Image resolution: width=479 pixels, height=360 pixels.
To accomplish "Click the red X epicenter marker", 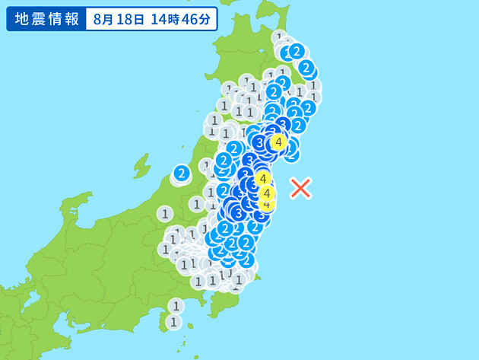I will [301, 187].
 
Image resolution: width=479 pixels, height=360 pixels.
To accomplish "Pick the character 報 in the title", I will [71, 19].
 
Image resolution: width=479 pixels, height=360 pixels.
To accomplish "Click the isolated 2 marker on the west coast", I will [181, 174].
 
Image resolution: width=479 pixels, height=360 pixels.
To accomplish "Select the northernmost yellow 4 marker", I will [279, 142].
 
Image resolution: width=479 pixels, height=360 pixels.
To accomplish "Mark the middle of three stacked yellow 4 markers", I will [267, 193].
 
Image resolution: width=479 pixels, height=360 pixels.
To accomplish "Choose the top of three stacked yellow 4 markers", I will [262, 179].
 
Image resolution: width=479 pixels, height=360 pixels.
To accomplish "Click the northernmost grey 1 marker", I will [279, 37].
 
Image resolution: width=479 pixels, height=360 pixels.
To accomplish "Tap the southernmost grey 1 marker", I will [174, 321].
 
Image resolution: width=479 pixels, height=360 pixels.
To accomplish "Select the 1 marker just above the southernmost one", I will [176, 306].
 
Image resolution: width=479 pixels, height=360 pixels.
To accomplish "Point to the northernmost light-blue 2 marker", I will [297, 51].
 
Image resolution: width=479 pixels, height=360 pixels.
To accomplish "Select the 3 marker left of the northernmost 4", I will [259, 142].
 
